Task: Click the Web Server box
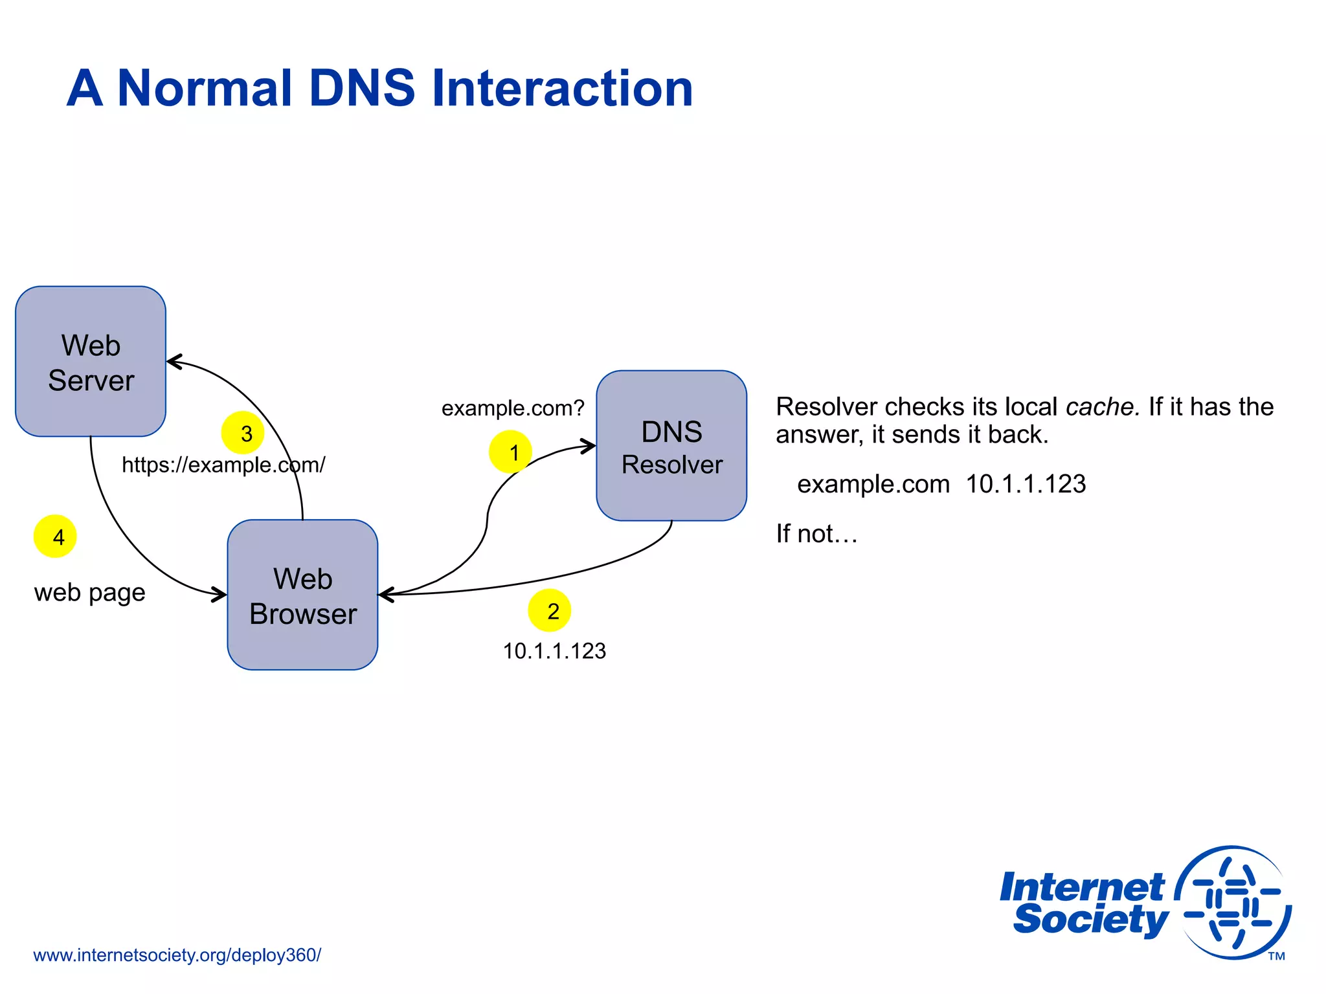point(91,362)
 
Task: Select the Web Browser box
point(302,595)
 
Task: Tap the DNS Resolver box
point(671,446)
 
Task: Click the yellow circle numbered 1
point(510,452)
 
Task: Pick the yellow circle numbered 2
point(550,610)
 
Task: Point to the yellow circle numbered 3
point(243,433)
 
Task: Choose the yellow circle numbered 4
point(55,536)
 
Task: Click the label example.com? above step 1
point(513,408)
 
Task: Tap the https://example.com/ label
point(223,465)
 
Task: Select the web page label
point(89,592)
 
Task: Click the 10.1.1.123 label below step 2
point(554,651)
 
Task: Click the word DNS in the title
point(362,88)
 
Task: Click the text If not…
point(816,534)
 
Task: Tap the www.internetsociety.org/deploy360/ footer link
point(177,955)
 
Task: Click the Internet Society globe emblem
point(1233,903)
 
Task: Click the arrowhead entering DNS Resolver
point(590,446)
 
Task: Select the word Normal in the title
point(205,88)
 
